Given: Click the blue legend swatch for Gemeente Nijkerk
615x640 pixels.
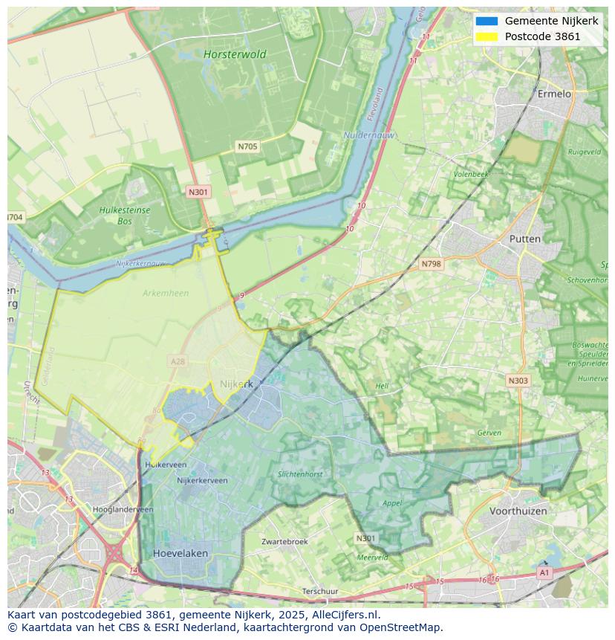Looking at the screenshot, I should pos(487,21).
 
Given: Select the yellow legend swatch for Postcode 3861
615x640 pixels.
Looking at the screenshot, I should pos(487,36).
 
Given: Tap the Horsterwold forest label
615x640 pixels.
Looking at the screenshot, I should pos(235,54).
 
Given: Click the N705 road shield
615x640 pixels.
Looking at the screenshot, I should pos(247,146).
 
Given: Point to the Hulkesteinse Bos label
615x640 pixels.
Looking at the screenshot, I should pos(124,216).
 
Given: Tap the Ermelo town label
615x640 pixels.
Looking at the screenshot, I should pos(554,94).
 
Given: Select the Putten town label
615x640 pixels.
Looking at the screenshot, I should pos(525,239).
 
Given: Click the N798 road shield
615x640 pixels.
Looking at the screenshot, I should pos(431,264).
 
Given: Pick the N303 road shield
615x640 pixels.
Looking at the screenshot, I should pos(518,381).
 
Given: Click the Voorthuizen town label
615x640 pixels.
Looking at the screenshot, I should pos(518,511).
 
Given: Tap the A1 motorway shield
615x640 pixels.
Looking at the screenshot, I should pos(544,572).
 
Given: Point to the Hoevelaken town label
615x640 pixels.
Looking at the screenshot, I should pos(180,554).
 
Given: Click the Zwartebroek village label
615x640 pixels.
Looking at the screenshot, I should pos(284,542).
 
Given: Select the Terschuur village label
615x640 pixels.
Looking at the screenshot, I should pos(320,592).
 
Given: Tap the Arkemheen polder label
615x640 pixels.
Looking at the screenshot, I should pos(166,293).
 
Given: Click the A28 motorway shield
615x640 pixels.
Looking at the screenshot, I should pos(178,361).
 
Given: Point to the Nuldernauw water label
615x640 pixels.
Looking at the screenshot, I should pos(369,135).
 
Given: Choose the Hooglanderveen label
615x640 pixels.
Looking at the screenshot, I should pos(123,509).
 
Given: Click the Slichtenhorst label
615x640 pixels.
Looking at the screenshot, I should pos(300,474).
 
